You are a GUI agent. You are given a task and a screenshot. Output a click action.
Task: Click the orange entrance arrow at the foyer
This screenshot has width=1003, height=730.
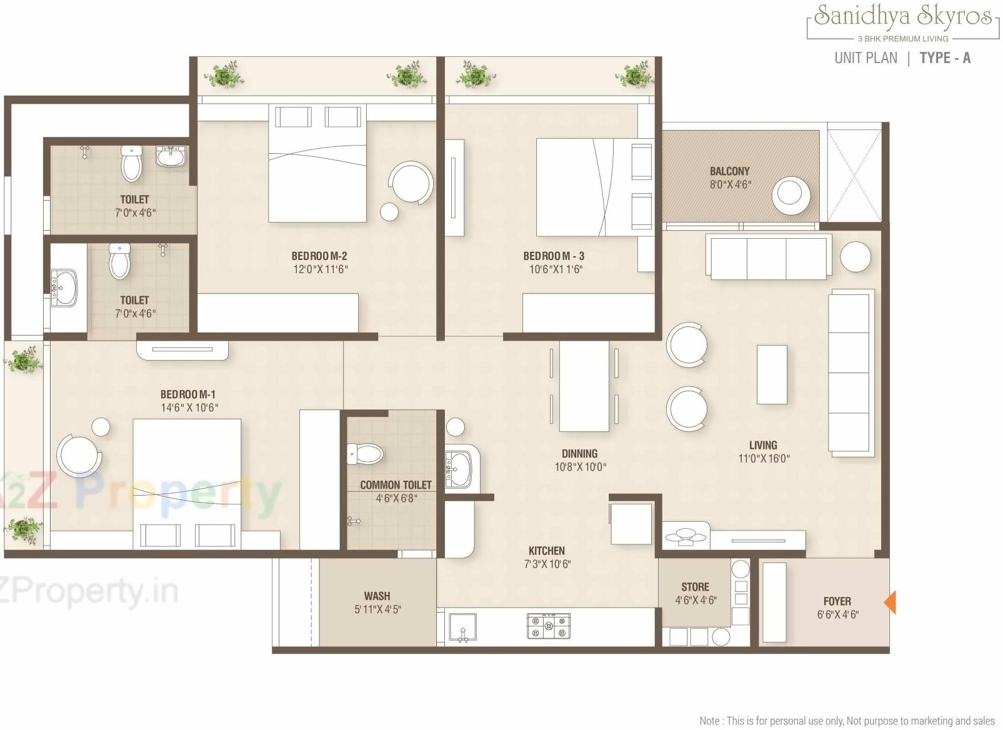click(890, 602)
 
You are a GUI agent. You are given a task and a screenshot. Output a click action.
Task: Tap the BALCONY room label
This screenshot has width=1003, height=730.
click(729, 171)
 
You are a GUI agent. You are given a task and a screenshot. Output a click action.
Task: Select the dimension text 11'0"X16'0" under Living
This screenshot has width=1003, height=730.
click(764, 459)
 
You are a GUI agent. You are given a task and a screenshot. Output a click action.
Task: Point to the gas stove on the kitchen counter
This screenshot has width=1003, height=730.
click(549, 626)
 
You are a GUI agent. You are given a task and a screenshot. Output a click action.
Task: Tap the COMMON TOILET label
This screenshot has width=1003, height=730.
click(396, 485)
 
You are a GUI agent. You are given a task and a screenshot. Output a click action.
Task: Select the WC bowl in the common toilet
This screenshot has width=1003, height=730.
click(366, 454)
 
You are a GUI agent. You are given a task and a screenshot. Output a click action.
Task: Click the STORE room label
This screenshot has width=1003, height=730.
click(695, 587)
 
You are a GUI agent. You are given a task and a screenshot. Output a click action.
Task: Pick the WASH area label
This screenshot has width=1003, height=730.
click(377, 596)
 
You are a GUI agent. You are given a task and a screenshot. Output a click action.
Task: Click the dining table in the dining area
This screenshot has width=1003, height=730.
click(584, 386)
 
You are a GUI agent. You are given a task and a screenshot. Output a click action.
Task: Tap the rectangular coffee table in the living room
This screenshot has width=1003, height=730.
click(772, 374)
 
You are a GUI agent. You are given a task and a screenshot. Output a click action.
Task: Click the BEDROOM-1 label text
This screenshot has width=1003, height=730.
click(188, 394)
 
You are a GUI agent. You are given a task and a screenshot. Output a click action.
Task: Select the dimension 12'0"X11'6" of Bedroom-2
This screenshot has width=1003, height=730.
click(320, 269)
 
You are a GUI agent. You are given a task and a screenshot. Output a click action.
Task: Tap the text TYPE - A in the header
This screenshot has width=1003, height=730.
click(945, 58)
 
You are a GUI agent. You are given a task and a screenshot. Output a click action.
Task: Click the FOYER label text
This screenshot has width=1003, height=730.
click(837, 601)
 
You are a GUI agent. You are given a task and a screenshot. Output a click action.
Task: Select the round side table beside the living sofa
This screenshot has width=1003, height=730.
click(855, 256)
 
